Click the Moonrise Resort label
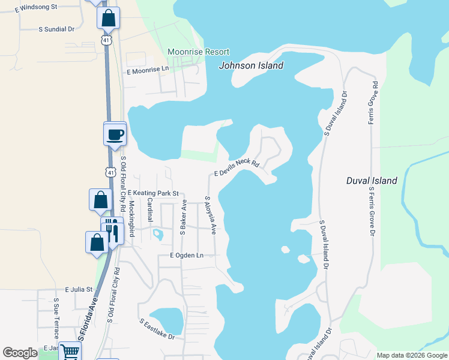coord(198,52)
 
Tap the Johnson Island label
coord(251,65)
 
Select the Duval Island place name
coord(372,181)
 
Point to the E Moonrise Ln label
coord(148,70)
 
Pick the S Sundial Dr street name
coord(56,28)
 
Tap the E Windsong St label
coord(35,7)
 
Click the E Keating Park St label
coord(153,193)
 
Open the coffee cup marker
coord(115,134)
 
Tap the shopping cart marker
coord(70,352)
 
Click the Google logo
coord(20,353)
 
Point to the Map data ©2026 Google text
coord(412,355)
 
